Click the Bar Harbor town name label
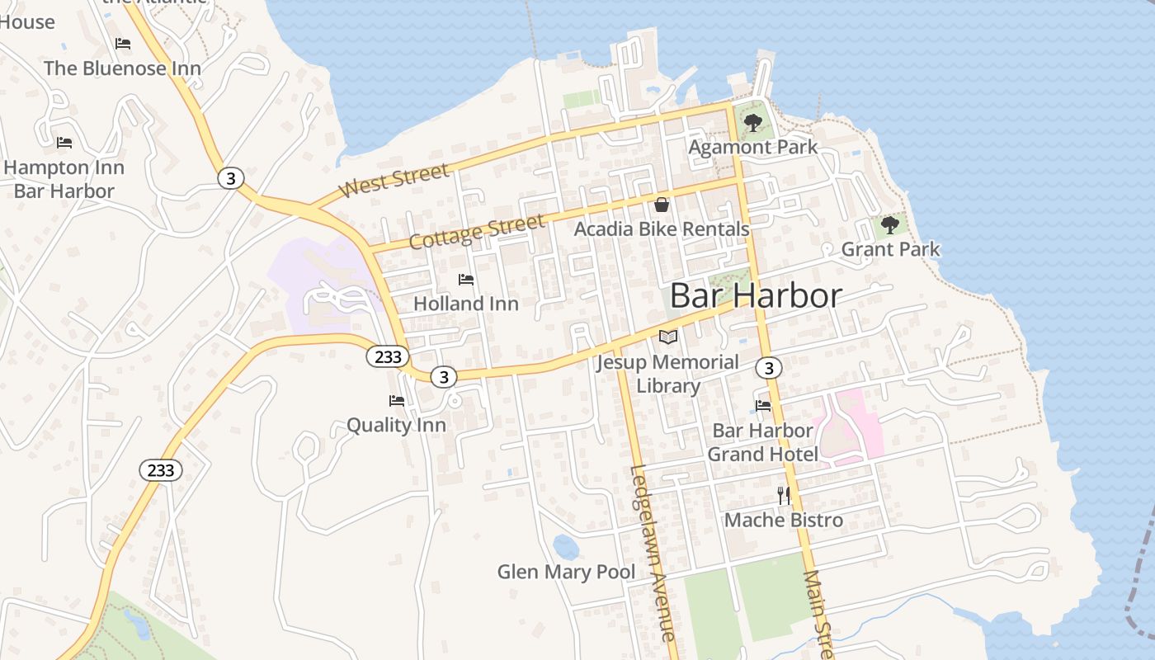[x=756, y=295]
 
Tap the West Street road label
[x=395, y=181]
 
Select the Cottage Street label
[x=477, y=231]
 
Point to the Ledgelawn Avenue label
[x=652, y=553]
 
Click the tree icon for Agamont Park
[x=752, y=123]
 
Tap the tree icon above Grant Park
[x=889, y=224]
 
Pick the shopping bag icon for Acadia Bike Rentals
[x=662, y=205]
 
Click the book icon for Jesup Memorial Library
[x=668, y=337]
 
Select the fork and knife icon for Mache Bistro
[x=784, y=495]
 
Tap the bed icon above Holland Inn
[x=466, y=280]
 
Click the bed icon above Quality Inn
[x=397, y=401]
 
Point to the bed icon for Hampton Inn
[x=64, y=143]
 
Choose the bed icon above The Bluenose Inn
[x=123, y=44]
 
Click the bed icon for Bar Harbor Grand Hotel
[x=763, y=406]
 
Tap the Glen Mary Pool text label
[x=566, y=572]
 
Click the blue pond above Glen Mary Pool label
[x=566, y=546]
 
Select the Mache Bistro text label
[x=784, y=520]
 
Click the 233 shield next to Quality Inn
[x=388, y=356]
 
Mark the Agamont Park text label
[x=753, y=148]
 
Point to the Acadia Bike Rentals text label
[x=662, y=229]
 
